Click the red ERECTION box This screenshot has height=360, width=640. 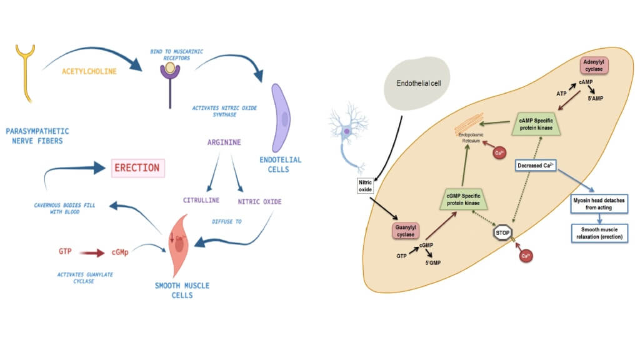click(x=137, y=168)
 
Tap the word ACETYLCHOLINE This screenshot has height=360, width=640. click(x=89, y=72)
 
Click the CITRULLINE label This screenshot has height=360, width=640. click(x=200, y=201)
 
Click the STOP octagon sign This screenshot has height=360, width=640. click(x=501, y=233)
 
